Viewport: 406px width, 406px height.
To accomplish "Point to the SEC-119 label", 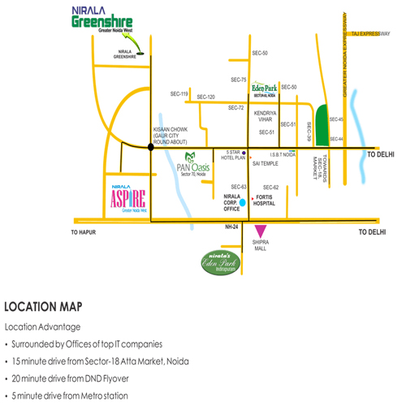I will tap(179, 94).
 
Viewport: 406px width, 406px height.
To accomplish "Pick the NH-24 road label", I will tap(234, 227).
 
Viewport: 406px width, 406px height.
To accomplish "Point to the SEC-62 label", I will tap(271, 188).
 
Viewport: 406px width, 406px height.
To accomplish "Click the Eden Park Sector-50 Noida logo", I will tap(265, 89).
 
